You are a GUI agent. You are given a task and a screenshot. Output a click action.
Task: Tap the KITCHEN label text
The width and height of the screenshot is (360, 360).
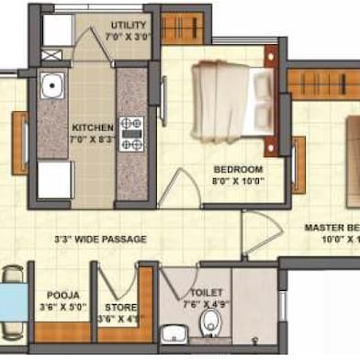[93, 127]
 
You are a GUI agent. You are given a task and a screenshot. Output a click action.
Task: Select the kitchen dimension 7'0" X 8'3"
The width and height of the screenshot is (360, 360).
[93, 141]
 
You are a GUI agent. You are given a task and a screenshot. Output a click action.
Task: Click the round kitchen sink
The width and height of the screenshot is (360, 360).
[52, 88]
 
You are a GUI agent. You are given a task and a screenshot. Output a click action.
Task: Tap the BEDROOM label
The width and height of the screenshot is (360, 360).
[238, 170]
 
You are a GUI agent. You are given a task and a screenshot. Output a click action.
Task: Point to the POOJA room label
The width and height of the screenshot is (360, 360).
[62, 295]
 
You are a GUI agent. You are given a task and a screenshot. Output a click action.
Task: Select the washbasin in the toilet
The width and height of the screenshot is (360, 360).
[173, 333]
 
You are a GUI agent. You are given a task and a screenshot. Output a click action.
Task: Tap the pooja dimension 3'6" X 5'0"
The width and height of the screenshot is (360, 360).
[62, 309]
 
